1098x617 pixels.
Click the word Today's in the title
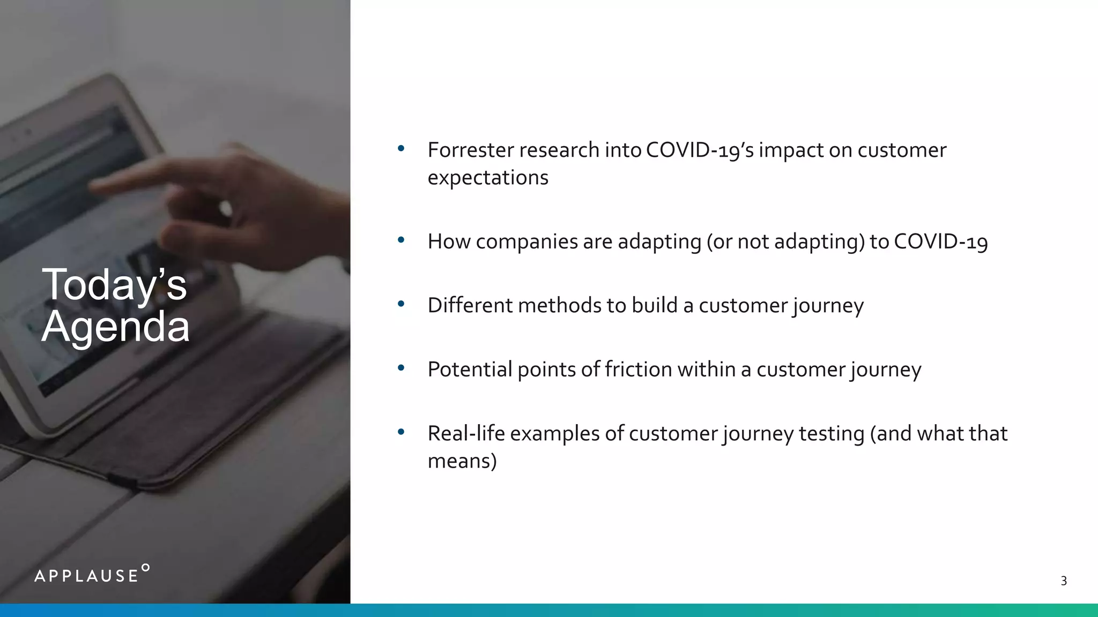[x=114, y=284]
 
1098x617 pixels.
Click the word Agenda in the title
[x=116, y=327]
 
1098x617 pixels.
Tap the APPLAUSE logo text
[x=86, y=576]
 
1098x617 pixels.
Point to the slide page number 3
[x=1064, y=581]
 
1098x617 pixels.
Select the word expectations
[x=488, y=178]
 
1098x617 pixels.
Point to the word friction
[x=637, y=370]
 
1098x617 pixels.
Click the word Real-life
[x=466, y=433]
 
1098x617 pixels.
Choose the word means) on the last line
[x=462, y=461]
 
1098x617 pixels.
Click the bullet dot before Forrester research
[x=401, y=148]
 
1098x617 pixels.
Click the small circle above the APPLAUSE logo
[x=145, y=567]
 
